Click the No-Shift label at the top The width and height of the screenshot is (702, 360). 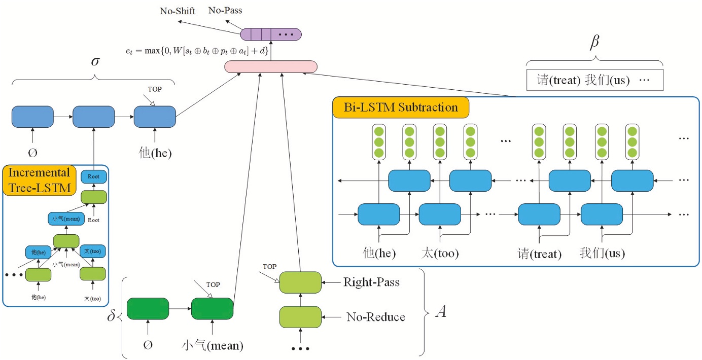point(178,11)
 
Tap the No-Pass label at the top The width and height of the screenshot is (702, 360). point(225,10)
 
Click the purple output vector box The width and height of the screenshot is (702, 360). point(270,34)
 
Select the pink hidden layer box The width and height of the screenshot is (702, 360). point(271,67)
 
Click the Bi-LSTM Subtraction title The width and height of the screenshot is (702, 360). point(401,107)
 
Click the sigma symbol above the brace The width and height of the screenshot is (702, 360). point(95,61)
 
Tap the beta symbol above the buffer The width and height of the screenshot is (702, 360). point(594,43)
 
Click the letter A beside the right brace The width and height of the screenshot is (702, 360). point(441,312)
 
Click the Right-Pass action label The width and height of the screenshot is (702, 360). point(371,282)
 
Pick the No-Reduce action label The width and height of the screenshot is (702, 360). point(375,317)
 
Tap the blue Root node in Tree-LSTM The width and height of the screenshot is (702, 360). point(94,176)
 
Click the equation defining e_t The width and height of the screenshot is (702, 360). point(197,51)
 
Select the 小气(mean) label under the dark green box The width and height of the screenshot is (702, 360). point(212,346)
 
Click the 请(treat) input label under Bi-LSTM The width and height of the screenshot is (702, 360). point(539,253)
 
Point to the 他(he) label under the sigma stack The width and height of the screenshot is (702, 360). point(155,152)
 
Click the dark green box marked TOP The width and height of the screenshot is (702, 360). point(212,309)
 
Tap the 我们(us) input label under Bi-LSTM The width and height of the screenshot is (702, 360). point(602,253)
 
